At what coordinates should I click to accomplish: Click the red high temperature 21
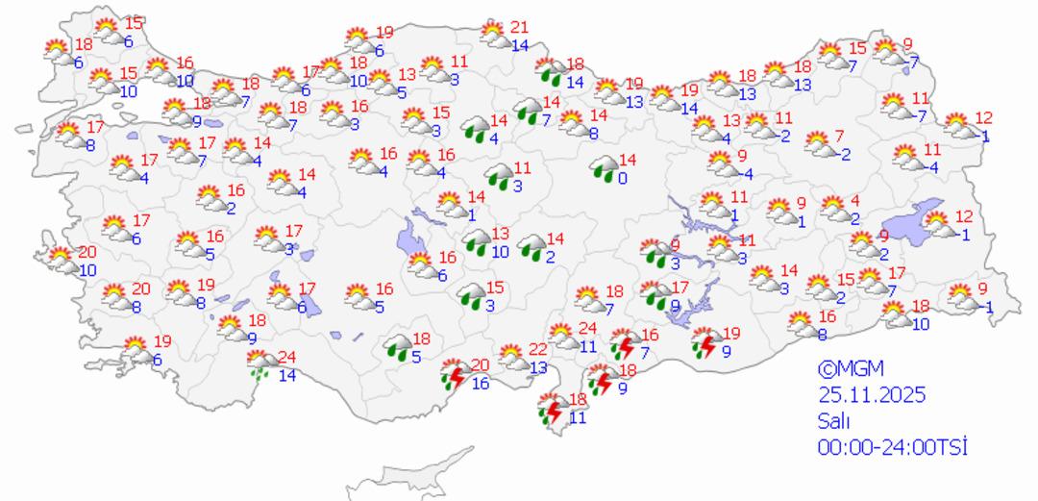tap(520, 27)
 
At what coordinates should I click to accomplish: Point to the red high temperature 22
tap(538, 349)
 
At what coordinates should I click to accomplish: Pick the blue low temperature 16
tap(481, 384)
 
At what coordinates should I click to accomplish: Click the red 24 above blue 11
tap(588, 329)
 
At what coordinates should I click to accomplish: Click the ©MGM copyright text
tap(851, 368)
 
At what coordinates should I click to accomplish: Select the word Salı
tap(832, 420)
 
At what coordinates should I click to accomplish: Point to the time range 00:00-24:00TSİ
tap(892, 446)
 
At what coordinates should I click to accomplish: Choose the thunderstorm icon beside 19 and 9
tap(705, 342)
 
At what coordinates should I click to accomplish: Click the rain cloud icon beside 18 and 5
tap(398, 347)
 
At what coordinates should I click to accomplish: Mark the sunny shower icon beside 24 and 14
tap(258, 363)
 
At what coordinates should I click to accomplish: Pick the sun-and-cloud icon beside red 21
tap(495, 35)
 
